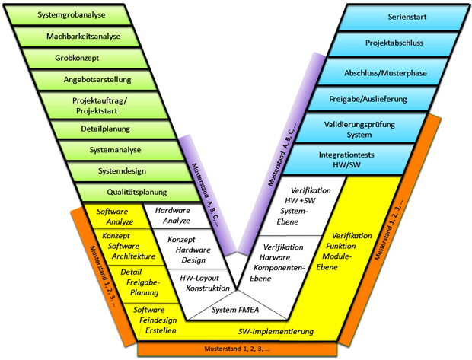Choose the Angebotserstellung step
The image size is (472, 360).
click(x=97, y=79)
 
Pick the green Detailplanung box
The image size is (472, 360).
click(x=107, y=129)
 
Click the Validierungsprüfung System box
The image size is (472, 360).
click(x=363, y=129)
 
